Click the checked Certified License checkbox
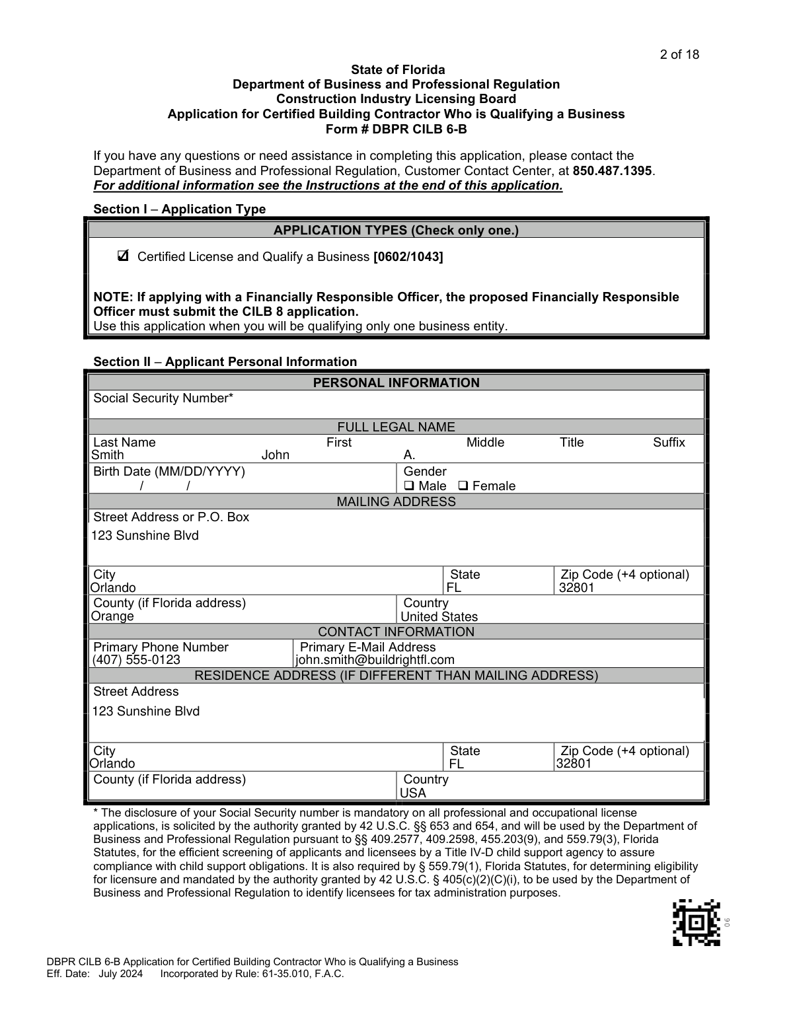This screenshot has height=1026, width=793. (x=123, y=256)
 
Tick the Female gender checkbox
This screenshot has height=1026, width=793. (x=463, y=486)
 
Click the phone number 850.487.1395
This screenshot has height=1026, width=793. (x=612, y=170)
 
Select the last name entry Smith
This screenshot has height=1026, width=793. (x=108, y=455)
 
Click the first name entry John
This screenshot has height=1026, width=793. (x=276, y=455)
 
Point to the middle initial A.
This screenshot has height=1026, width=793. (x=409, y=455)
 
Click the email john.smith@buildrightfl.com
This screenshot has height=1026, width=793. (x=375, y=660)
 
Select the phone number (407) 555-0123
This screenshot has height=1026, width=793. (x=136, y=660)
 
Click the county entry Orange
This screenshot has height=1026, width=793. (x=112, y=616)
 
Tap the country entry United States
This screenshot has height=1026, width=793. (x=439, y=617)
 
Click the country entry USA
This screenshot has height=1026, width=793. (x=413, y=793)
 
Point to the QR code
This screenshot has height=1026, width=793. (x=697, y=922)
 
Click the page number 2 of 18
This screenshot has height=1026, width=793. (x=679, y=55)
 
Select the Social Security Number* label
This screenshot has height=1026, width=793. (x=163, y=398)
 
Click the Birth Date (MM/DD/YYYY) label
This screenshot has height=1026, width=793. (x=169, y=472)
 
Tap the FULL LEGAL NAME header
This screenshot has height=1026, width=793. (x=396, y=427)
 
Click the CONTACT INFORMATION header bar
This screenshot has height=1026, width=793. (x=396, y=632)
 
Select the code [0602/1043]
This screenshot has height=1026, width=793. (x=408, y=257)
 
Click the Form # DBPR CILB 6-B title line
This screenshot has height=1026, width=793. (x=396, y=129)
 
